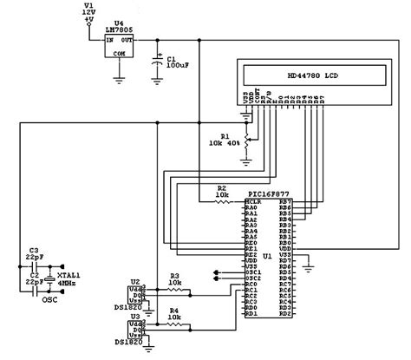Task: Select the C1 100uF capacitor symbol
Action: click(157, 62)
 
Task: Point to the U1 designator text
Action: click(268, 258)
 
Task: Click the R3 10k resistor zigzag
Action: click(174, 288)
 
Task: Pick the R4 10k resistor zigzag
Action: click(174, 327)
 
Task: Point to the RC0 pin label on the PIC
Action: click(251, 283)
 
